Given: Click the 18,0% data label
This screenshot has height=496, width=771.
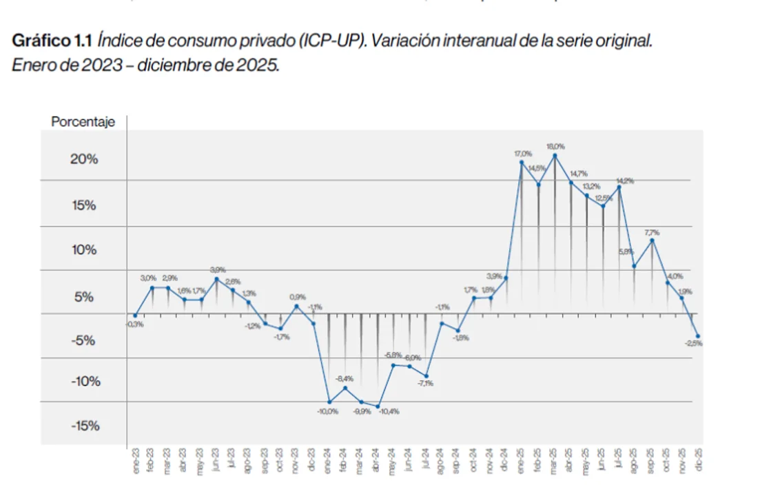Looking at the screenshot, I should click(555, 147).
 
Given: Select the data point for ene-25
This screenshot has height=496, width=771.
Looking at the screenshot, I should click(522, 162).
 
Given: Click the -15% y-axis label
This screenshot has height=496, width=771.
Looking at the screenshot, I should click(85, 425).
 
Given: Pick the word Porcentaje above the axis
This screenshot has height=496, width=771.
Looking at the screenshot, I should click(83, 122).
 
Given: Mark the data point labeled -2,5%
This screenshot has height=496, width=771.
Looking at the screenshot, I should click(698, 335).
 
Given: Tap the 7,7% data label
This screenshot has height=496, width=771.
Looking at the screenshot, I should click(652, 232).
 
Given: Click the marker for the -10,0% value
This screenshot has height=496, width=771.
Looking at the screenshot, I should click(329, 402).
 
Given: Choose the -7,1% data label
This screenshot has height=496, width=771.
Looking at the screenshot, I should click(425, 384).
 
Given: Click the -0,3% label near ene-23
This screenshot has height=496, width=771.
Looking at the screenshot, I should click(134, 324).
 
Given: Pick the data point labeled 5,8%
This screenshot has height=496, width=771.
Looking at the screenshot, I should click(634, 266).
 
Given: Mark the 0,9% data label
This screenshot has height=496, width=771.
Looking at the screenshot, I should click(297, 298).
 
